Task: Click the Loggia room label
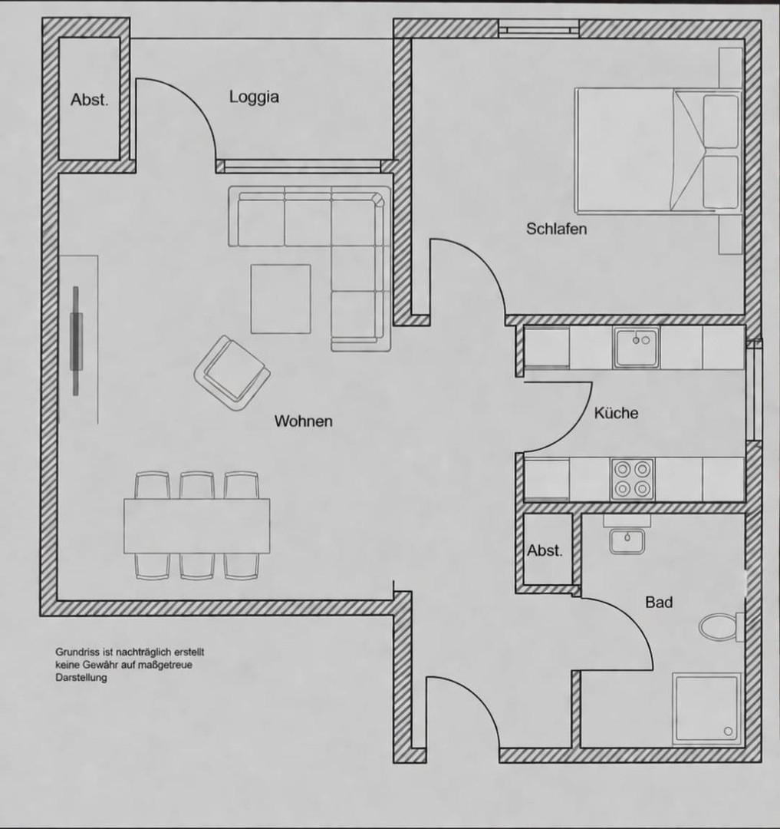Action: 254,97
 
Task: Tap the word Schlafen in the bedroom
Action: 556,229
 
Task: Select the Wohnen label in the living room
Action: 304,421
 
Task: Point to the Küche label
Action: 616,413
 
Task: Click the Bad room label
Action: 658,603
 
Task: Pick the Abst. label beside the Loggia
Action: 90,100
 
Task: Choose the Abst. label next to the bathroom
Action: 545,551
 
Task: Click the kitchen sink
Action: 636,347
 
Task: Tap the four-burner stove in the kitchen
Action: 632,479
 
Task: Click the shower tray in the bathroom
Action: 706,708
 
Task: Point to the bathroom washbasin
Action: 627,540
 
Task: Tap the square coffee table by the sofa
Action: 281,299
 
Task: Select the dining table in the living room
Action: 197,526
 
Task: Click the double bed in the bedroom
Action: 657,150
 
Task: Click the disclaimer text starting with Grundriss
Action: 129,665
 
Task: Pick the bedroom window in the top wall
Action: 538,31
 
